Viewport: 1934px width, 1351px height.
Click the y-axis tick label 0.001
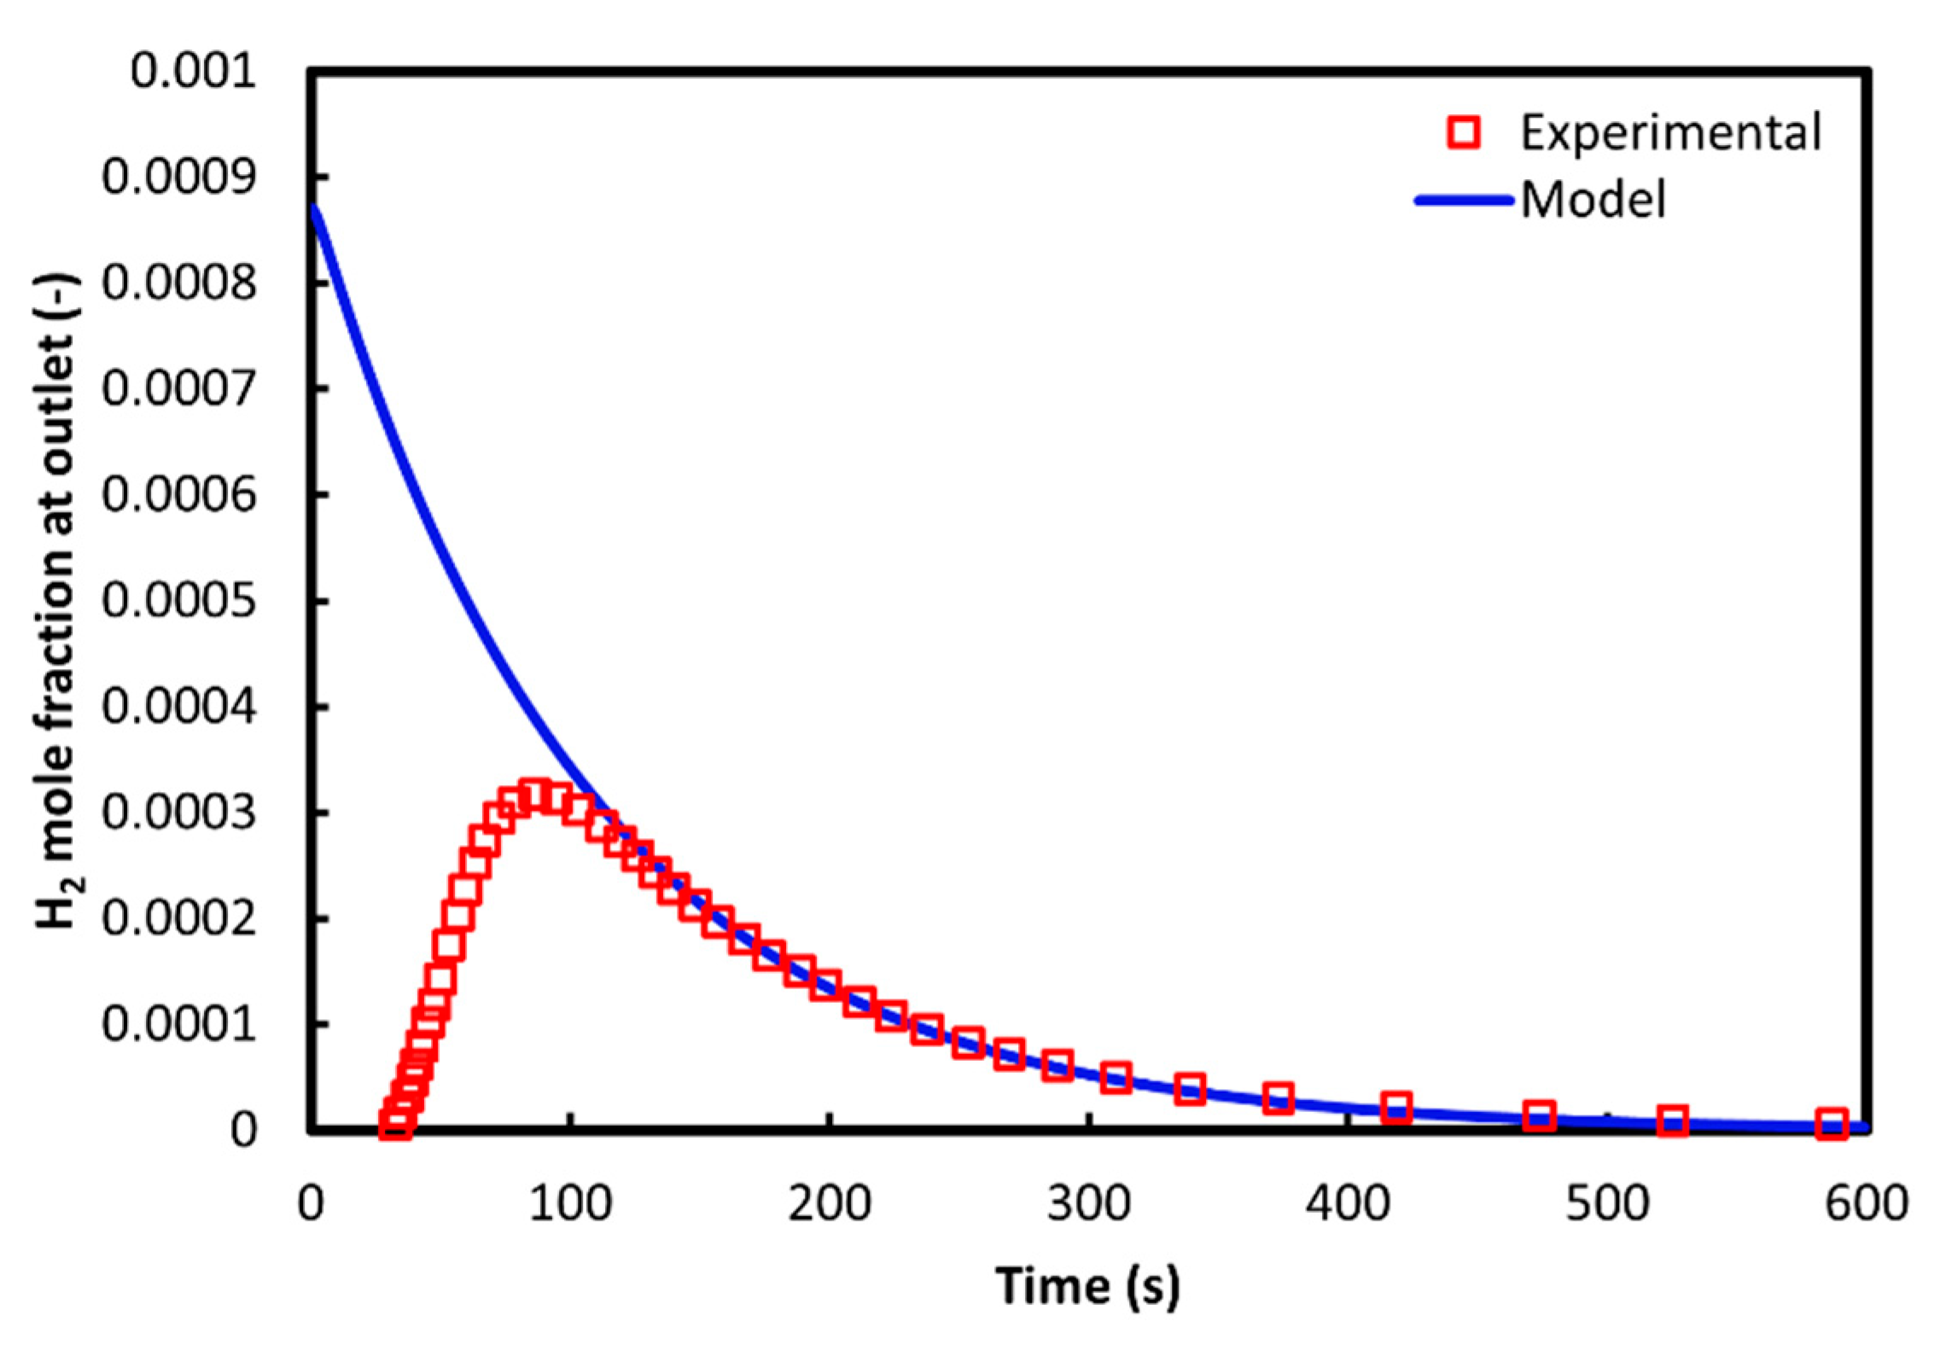click(x=193, y=71)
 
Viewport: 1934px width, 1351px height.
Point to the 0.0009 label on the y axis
click(x=179, y=178)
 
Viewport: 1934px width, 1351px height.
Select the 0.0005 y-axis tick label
click(x=179, y=601)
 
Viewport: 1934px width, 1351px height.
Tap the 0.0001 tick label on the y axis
click(x=179, y=1023)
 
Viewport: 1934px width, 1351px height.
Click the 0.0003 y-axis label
click(x=179, y=812)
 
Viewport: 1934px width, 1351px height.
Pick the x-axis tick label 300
click(x=1089, y=1204)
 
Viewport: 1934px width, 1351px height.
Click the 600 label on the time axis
click(x=1866, y=1204)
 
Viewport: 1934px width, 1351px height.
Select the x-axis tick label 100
click(x=570, y=1204)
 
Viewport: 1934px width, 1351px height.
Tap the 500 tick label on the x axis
click(x=1606, y=1204)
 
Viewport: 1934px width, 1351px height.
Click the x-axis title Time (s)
click(x=1087, y=1285)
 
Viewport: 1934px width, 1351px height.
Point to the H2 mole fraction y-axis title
click(x=58, y=601)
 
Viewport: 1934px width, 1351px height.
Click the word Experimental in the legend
click(x=1670, y=133)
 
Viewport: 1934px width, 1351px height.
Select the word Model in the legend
click(x=1593, y=201)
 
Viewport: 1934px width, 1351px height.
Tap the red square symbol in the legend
click(x=1463, y=133)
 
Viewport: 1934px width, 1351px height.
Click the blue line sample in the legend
click(x=1463, y=201)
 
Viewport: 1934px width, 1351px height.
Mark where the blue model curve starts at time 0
click(x=312, y=205)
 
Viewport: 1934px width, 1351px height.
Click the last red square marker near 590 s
click(x=1832, y=1124)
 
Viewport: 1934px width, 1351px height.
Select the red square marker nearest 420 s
click(x=1395, y=1107)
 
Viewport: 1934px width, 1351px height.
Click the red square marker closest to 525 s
click(x=1673, y=1121)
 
